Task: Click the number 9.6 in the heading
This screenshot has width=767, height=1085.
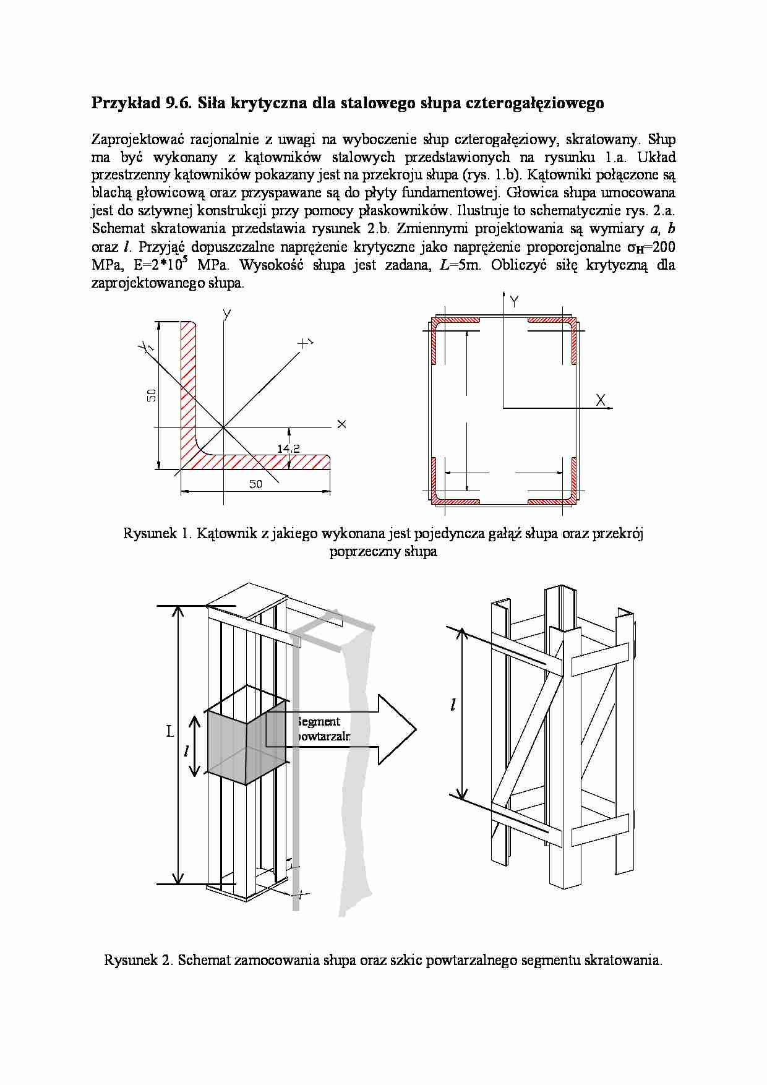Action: pos(176,103)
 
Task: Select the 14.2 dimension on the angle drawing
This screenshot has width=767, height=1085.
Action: pos(288,448)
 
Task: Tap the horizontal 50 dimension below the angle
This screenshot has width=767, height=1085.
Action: pos(255,484)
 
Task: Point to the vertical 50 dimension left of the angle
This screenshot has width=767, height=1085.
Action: pos(152,395)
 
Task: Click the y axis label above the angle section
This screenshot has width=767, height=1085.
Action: pos(227,314)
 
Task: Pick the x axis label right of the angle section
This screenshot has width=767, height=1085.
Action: pos(341,424)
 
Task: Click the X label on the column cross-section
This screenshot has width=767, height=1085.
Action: pos(600,400)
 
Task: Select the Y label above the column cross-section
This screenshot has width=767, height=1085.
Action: pos(514,301)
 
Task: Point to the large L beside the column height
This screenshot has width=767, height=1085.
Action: pos(170,731)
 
